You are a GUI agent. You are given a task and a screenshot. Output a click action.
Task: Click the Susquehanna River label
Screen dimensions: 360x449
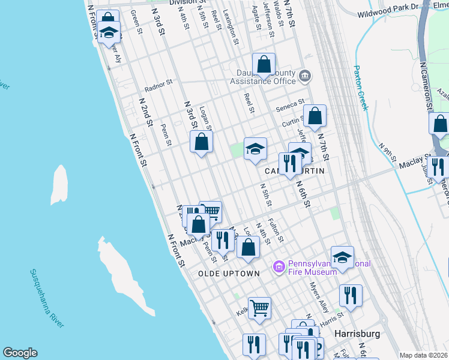pos(47,298)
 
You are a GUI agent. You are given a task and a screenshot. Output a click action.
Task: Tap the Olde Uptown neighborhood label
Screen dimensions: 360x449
pos(229,274)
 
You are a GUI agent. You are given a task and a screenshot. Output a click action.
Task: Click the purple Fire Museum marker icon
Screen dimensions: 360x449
pos(279,266)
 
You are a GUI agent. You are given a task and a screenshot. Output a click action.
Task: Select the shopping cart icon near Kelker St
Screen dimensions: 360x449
pos(259,308)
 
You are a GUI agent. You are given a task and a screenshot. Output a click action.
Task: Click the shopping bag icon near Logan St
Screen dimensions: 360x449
pos(202,142)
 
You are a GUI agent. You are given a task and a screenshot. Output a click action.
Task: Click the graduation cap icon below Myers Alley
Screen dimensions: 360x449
pos(342,257)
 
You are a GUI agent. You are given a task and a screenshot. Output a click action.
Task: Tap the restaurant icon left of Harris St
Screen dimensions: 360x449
pos(351,295)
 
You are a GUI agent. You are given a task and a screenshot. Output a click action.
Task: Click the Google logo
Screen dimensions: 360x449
pos(20,353)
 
